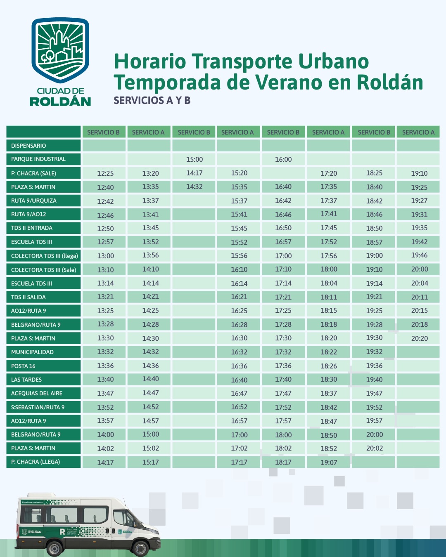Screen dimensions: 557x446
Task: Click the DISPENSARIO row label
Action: (28, 146)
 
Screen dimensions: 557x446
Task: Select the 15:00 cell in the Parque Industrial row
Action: (195, 159)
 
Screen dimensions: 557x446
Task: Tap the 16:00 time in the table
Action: (283, 159)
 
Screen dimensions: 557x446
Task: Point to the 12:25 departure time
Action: (105, 173)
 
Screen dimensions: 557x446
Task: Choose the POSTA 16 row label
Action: (23, 366)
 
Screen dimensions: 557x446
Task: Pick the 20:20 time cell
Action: (419, 338)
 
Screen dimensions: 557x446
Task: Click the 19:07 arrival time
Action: (329, 463)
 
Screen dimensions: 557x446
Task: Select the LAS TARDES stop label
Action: (26, 380)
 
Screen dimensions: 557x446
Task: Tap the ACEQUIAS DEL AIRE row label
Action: (37, 394)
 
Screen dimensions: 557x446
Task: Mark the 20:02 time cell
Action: (375, 448)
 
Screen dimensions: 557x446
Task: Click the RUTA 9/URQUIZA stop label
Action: (34, 201)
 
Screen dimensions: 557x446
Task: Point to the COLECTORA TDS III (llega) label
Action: (44, 256)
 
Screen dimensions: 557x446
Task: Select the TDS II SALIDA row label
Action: (28, 297)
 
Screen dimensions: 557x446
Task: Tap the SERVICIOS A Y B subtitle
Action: (152, 101)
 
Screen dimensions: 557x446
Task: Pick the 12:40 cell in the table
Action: (105, 187)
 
